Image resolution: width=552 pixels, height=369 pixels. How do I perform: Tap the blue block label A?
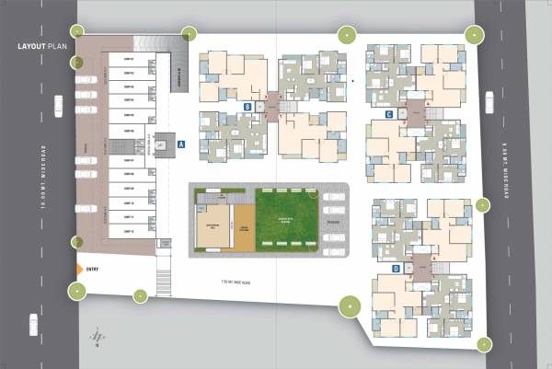click(182, 144)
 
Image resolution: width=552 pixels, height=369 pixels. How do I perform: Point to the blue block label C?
click(390, 114)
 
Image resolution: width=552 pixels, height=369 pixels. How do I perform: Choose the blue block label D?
click(396, 269)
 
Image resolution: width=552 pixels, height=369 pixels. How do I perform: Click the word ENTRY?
click(92, 269)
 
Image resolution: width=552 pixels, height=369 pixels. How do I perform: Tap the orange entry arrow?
click(79, 269)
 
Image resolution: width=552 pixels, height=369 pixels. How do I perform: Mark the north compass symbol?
click(95, 339)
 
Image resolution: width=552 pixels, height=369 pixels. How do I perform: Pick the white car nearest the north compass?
click(34, 324)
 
